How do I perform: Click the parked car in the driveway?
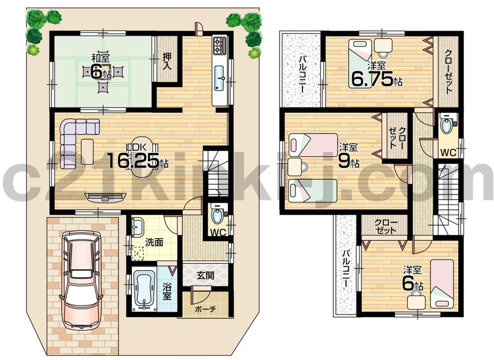tap(82, 279)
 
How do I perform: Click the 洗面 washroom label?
tap(155, 242)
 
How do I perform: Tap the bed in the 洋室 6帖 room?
tap(441, 283)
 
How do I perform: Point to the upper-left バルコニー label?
tap(301, 75)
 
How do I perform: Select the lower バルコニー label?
tap(346, 269)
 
